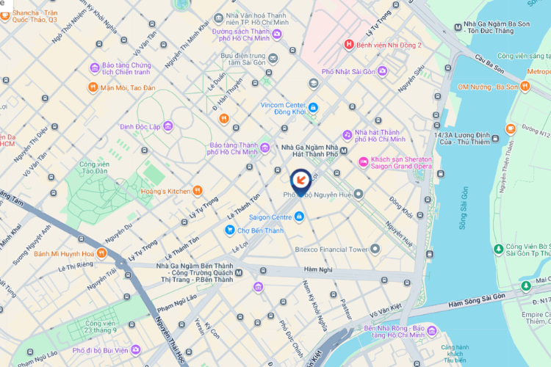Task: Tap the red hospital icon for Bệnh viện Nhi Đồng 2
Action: (349, 45)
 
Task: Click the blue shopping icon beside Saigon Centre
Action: (299, 217)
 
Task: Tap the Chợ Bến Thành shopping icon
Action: (230, 230)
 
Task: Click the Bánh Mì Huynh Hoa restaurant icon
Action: (101, 254)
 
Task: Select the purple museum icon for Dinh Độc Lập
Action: (168, 126)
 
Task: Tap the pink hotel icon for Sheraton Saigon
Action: (363, 161)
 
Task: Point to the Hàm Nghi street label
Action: (317, 269)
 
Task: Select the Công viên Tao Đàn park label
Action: (94, 168)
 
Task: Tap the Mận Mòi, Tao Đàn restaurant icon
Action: (93, 87)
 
